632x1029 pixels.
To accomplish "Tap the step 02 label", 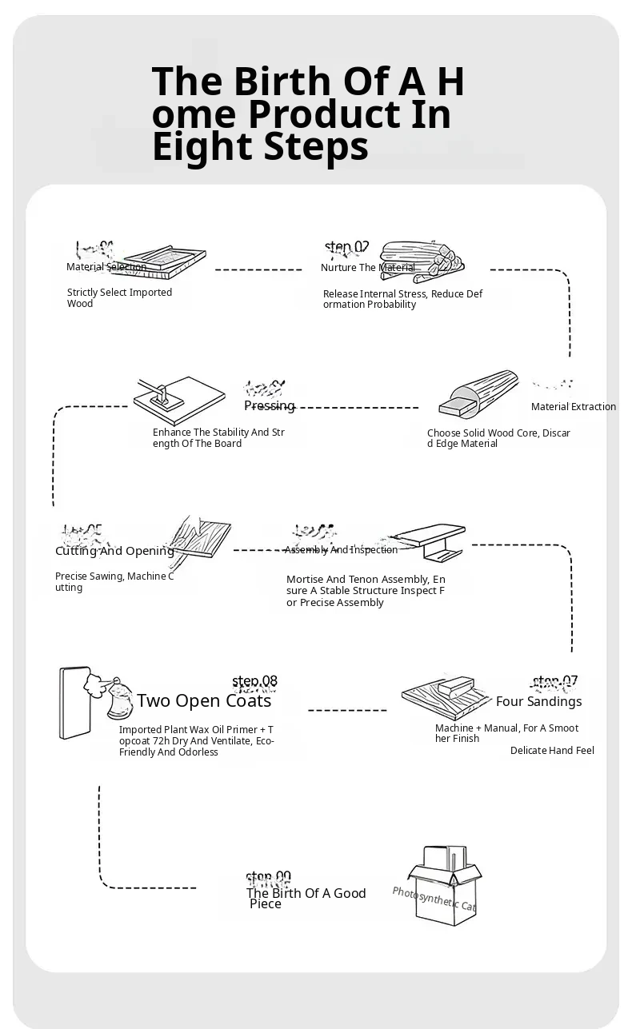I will pos(347,247).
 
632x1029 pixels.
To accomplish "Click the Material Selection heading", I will pos(106,267).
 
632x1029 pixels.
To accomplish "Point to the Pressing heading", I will pos(269,406).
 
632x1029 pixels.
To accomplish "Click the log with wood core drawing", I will pos(480,396).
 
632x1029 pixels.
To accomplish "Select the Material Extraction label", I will pos(573,407).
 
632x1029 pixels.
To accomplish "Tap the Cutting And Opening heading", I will pos(114,551).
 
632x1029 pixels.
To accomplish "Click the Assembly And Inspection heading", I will pos(341,550).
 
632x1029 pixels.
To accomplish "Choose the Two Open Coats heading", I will pos(204,701).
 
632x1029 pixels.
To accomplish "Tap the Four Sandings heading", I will pos(538,702).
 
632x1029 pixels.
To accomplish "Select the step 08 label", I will pos(254,682).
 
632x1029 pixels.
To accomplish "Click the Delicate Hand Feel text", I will pos(552,751).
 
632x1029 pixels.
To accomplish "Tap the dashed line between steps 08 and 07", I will pos(347,710).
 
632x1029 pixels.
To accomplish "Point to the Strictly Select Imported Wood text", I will pos(119,298).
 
